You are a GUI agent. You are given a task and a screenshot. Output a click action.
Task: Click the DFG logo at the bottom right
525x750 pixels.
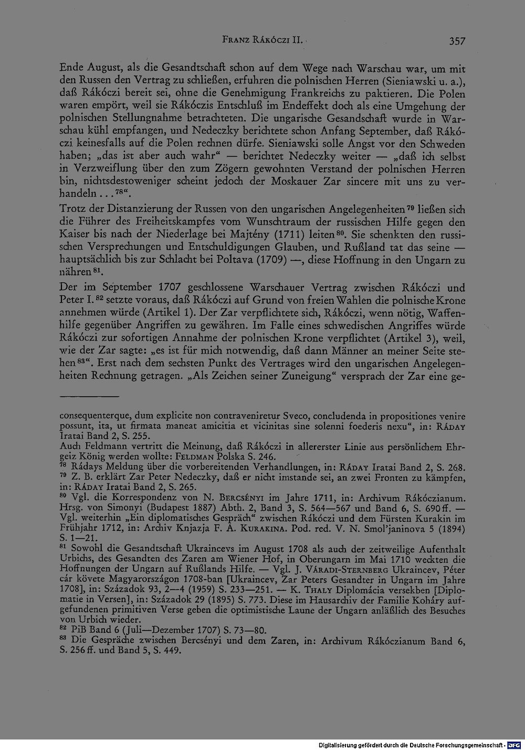click(x=516, y=745)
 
